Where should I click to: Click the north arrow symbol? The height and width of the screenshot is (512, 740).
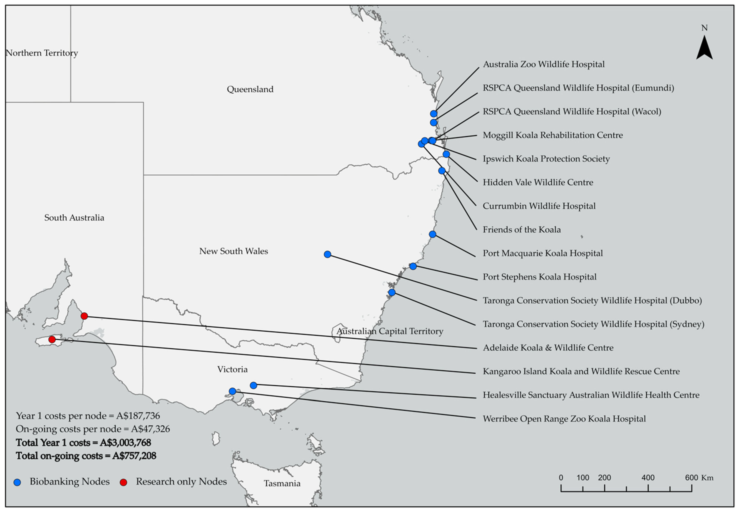tap(704, 52)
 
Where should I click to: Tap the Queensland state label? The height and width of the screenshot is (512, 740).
tap(250, 89)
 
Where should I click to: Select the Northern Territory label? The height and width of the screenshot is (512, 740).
tap(42, 53)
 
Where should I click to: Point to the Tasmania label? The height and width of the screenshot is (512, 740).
tap(282, 483)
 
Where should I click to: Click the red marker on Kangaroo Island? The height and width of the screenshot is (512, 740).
tap(52, 339)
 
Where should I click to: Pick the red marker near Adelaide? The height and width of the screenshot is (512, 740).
tap(84, 316)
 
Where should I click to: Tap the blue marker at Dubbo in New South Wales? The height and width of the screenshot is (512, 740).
tap(327, 254)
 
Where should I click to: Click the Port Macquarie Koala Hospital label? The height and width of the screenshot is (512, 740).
tap(543, 253)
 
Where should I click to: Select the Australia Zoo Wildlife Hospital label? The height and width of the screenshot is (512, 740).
tap(543, 64)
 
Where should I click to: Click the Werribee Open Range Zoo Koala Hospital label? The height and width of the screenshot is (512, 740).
tap(564, 419)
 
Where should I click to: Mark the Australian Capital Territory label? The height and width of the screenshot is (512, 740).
tap(390, 331)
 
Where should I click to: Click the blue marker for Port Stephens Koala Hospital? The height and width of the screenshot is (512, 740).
tap(413, 266)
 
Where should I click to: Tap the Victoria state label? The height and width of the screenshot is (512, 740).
tap(232, 369)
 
